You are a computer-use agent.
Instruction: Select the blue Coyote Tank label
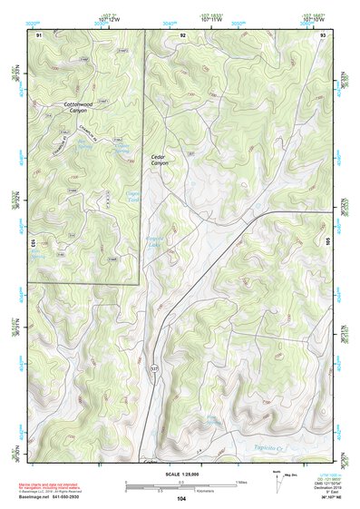pyautogui.click(x=132, y=195)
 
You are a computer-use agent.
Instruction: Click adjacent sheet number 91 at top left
pyautogui.click(x=39, y=34)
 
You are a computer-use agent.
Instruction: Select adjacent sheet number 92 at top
pyautogui.click(x=182, y=34)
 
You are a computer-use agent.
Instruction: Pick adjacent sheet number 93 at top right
pyautogui.click(x=323, y=34)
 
